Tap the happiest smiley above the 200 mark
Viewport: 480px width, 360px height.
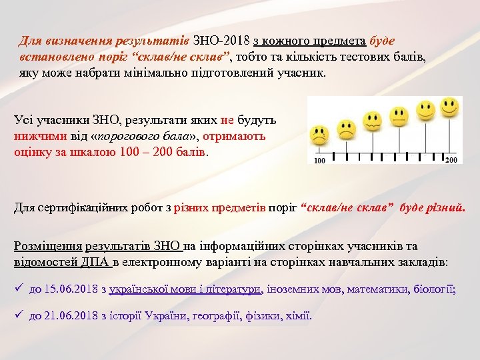click(451, 106)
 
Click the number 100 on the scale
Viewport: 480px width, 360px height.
click(319, 161)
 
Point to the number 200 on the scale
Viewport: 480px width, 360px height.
click(451, 160)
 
